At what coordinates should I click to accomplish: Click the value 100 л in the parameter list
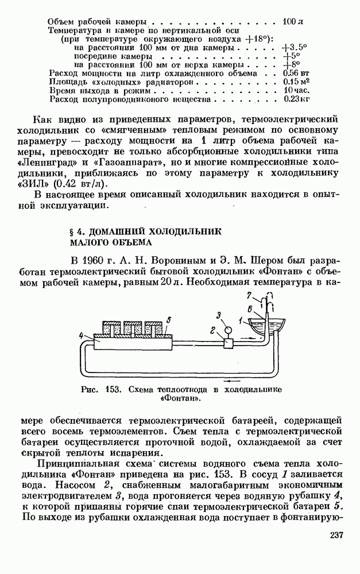point(293,22)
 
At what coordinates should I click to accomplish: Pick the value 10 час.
point(297,90)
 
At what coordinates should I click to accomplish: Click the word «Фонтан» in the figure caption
point(179,398)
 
